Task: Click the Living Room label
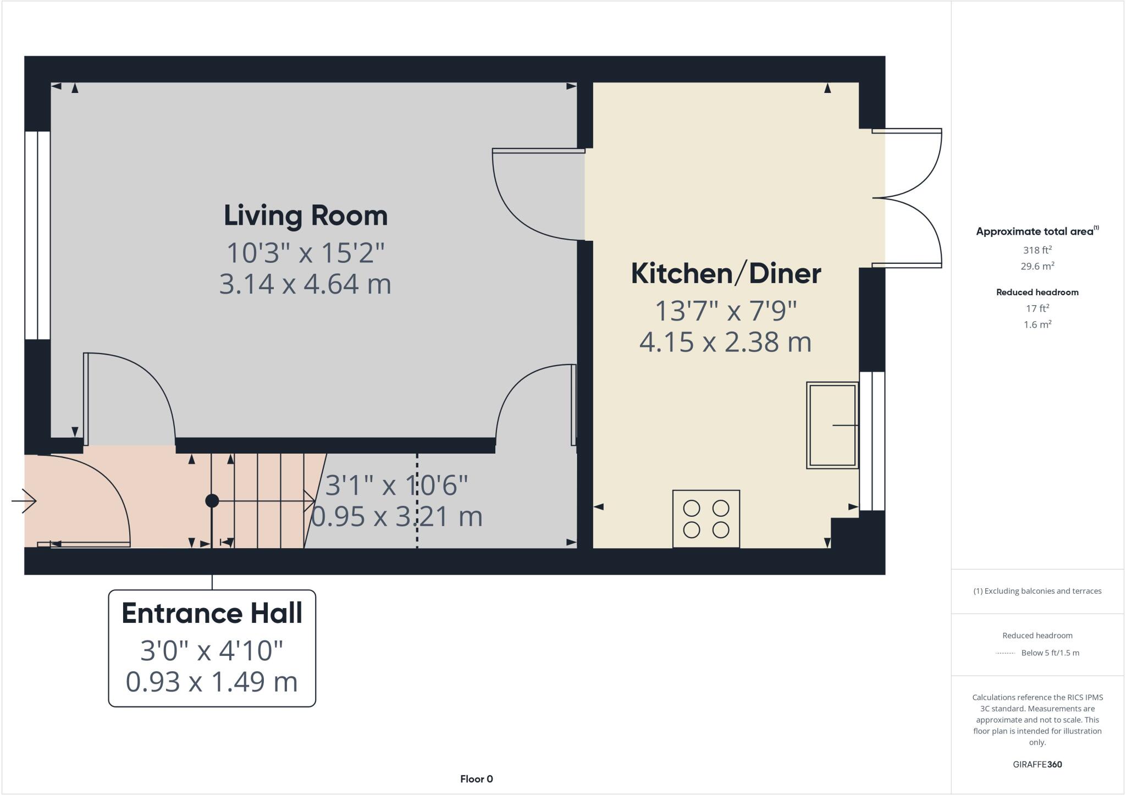(306, 216)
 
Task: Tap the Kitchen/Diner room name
(726, 274)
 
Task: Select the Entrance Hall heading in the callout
(212, 614)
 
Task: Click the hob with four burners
(706, 519)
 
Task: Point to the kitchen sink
(832, 425)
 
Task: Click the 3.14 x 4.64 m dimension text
(305, 284)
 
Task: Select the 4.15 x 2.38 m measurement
(725, 342)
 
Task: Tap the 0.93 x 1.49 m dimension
(212, 682)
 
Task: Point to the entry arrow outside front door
(24, 501)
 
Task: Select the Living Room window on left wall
(37, 235)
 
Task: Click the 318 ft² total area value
(1037, 250)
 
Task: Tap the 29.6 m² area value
(1037, 266)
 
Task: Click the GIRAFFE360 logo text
(1037, 764)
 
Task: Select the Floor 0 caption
(476, 779)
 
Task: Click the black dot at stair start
(212, 501)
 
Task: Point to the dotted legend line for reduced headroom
(1004, 653)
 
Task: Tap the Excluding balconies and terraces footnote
(1037, 591)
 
